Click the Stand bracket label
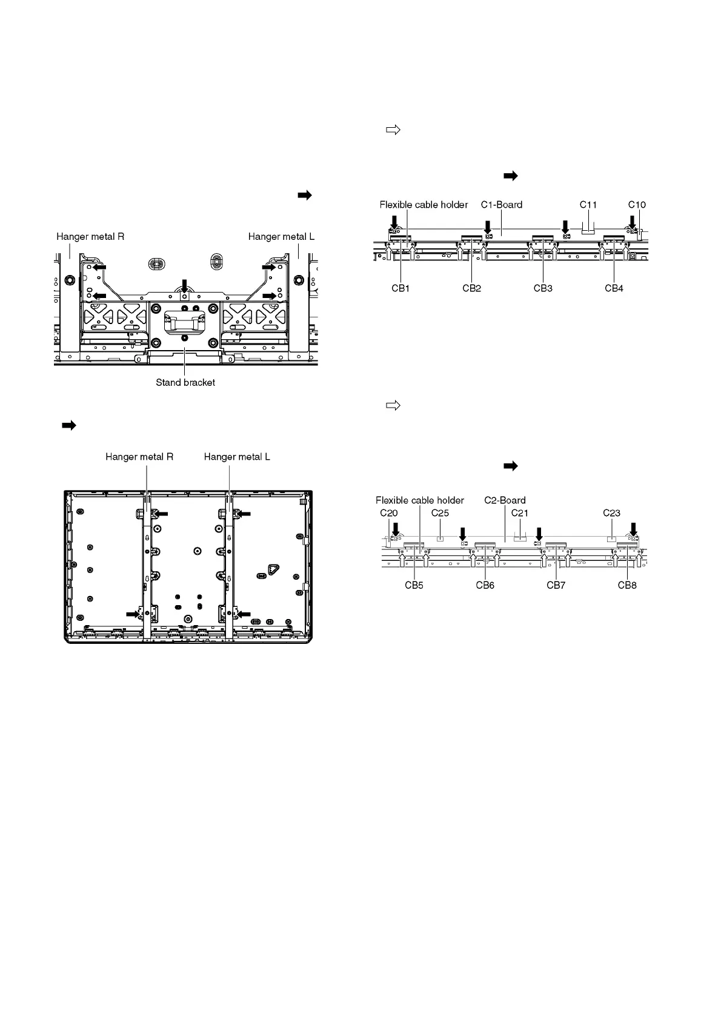[185, 383]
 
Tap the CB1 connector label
[400, 288]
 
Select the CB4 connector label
[614, 288]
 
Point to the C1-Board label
[502, 205]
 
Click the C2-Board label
[505, 500]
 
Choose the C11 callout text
[588, 205]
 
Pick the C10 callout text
[637, 205]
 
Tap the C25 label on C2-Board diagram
[440, 513]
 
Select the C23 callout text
[611, 513]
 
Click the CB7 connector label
[556, 585]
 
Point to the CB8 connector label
[627, 585]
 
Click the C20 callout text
[389, 513]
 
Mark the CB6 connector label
[485, 585]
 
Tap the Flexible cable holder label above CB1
[424, 205]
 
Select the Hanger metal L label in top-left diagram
[281, 237]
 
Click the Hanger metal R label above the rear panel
[139, 457]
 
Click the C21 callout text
[520, 513]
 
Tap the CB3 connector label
[543, 288]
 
